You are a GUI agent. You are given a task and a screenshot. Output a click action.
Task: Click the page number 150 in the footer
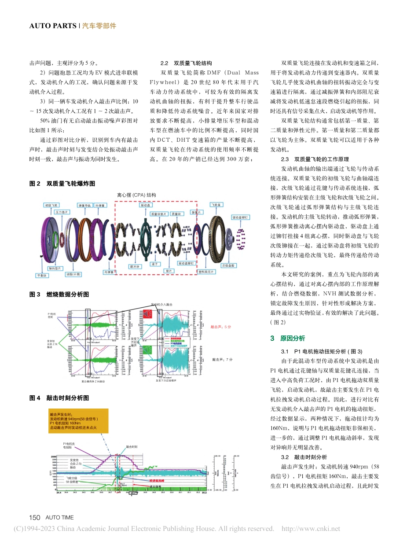[35, 518]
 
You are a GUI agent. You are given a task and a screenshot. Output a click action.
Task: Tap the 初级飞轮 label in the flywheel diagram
[51, 205]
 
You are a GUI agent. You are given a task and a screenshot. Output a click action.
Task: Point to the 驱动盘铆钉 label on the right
[241, 217]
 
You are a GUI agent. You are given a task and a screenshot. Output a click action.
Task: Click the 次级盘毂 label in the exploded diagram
[228, 265]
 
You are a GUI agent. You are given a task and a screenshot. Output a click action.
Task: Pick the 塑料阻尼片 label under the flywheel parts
[205, 272]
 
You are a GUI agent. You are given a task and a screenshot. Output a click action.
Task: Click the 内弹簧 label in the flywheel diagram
[109, 272]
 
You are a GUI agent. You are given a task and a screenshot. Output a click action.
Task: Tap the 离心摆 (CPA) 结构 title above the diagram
[136, 195]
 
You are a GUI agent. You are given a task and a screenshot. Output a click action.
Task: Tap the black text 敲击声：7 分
[221, 360]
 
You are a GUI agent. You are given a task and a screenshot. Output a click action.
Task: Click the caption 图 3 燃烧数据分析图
[59, 294]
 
